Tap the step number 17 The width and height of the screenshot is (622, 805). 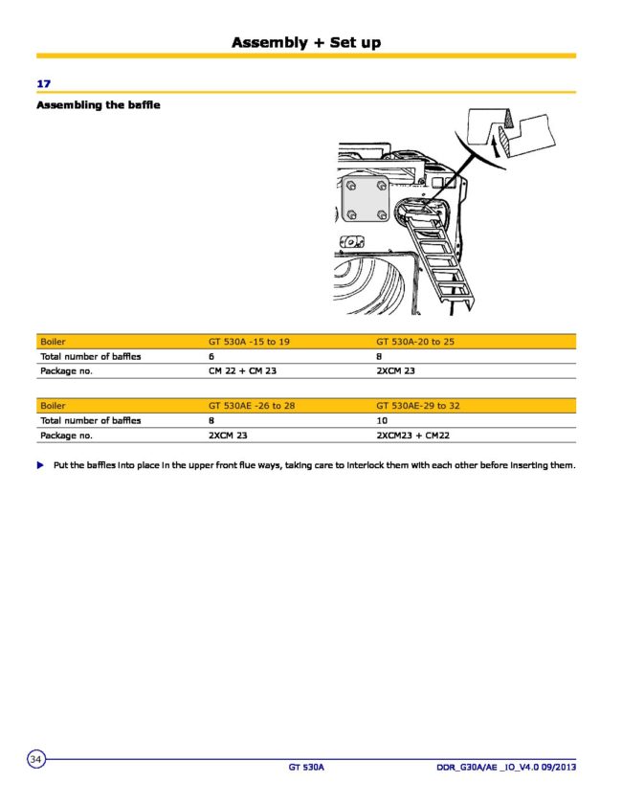click(43, 84)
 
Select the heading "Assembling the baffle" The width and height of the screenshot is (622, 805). click(98, 104)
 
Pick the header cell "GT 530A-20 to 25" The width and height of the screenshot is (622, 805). click(415, 341)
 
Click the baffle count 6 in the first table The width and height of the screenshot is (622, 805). click(211, 356)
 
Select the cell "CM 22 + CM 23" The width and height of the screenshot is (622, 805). click(242, 369)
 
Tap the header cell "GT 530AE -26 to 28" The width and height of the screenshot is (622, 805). click(252, 406)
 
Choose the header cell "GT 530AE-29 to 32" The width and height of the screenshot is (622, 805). click(418, 406)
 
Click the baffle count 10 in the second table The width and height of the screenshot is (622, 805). click(381, 420)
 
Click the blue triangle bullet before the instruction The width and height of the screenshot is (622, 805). click(40, 465)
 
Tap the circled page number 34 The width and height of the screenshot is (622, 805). click(36, 759)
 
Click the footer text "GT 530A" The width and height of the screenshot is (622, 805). click(307, 768)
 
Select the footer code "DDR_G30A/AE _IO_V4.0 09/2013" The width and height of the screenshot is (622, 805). click(505, 768)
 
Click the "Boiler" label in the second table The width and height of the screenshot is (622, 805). click(53, 406)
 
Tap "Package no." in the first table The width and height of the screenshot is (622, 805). click(66, 369)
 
